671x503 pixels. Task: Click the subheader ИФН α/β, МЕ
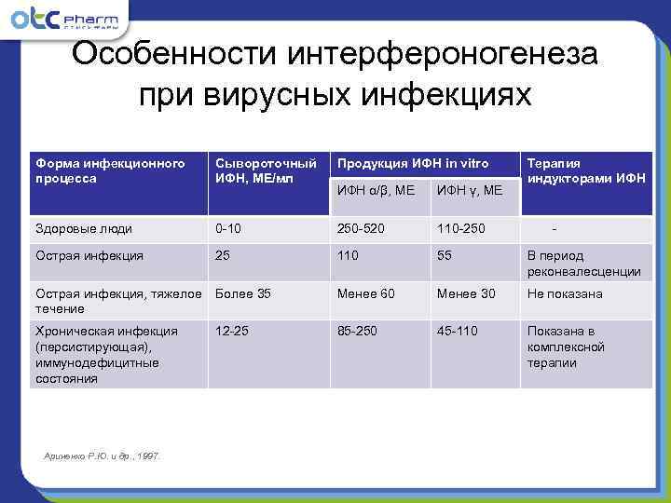pos(376,190)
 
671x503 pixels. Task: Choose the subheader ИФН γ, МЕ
pos(469,190)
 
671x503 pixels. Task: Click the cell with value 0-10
pos(229,228)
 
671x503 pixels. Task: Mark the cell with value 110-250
pos(460,228)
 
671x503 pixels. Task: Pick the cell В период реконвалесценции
pos(583,264)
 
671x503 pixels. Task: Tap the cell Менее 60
pos(366,293)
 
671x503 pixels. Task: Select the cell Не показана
pos(565,293)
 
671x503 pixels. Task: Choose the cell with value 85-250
pos(359,330)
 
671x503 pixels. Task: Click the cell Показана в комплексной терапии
pos(566,347)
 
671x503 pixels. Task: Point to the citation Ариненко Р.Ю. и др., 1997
pos(103,455)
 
